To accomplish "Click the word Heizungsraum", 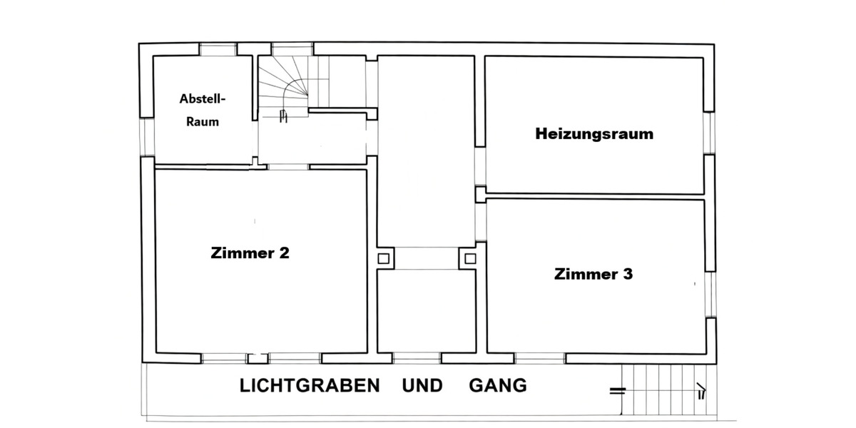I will coord(594,133).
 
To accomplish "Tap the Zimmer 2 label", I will coord(250,253).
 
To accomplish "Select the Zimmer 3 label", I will coord(593,274).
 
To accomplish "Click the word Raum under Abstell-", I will coord(202,121).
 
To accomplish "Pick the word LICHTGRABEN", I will coord(310,386).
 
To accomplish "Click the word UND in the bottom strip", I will coord(422,386).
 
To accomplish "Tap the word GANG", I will coord(498,386).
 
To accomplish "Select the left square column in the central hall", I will coord(384,258).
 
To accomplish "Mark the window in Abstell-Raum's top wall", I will coord(218,49).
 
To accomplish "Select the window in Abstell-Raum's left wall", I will coord(148,137).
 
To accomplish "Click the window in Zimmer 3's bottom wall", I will coord(540,357).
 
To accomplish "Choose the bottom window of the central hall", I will coord(416,357).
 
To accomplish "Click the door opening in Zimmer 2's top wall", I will coord(288,167).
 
